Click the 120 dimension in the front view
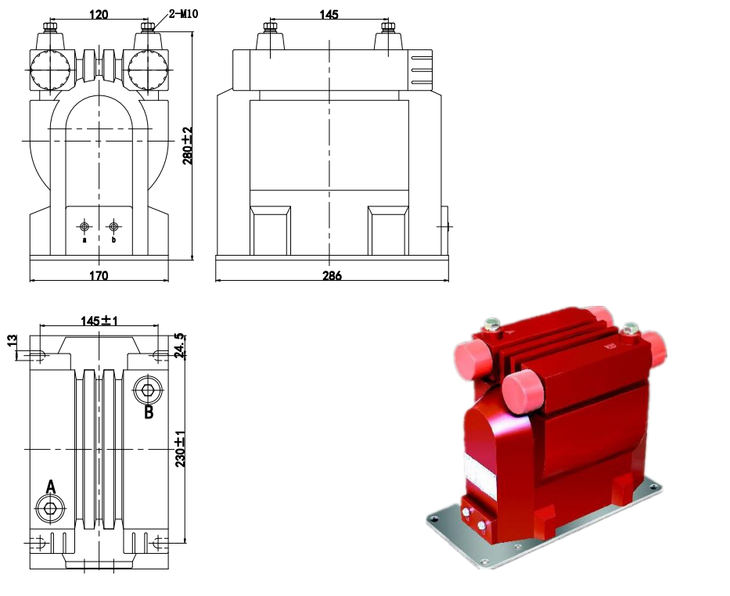[x=99, y=13]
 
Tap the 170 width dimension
[x=99, y=275]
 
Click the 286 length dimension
[x=332, y=275]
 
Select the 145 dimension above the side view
[x=329, y=13]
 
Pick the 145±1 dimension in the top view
[x=99, y=321]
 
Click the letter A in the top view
[x=51, y=487]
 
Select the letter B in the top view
[x=149, y=411]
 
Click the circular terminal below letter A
[x=51, y=509]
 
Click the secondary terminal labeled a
[x=85, y=227]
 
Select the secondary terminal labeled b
[x=114, y=227]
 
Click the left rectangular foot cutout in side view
[x=270, y=230]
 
